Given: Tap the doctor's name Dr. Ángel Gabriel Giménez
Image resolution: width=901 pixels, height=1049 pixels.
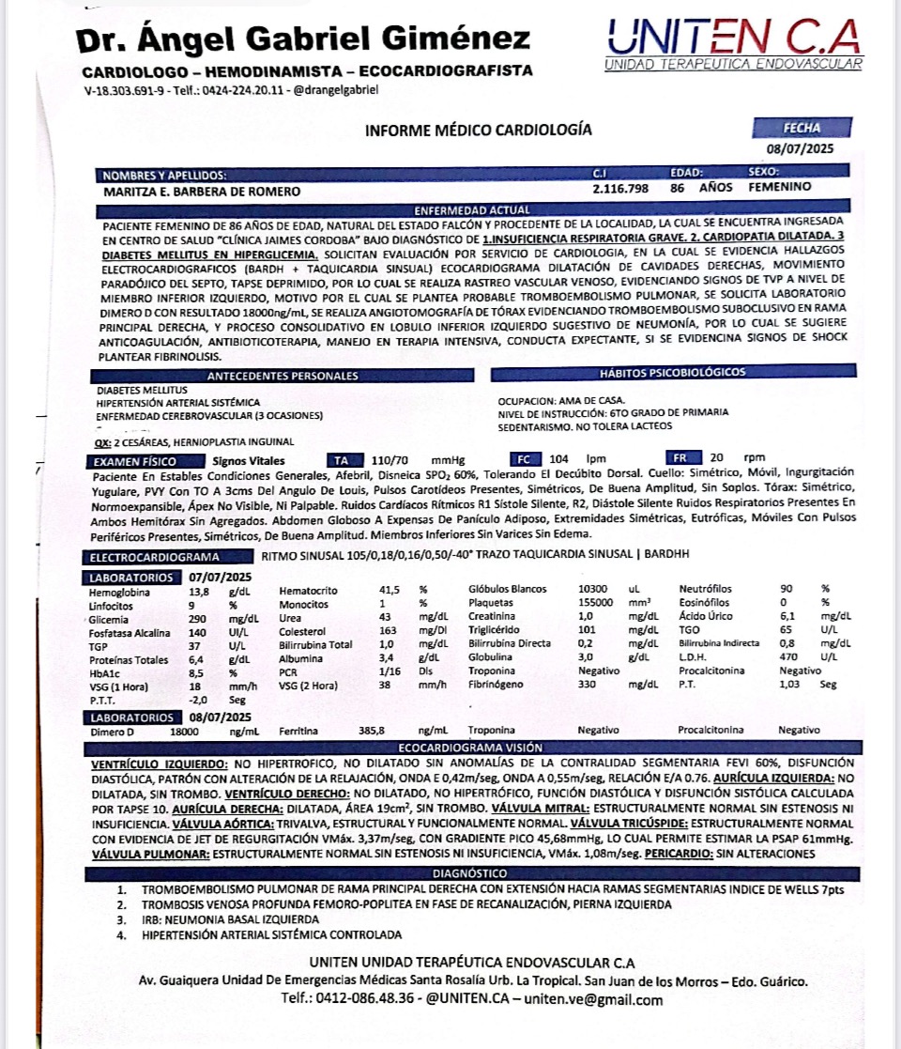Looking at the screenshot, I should pos(303,39).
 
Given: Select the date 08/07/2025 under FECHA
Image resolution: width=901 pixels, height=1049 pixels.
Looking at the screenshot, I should pos(800,147).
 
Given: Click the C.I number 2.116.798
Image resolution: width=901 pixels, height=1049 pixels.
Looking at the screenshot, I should pos(620,190).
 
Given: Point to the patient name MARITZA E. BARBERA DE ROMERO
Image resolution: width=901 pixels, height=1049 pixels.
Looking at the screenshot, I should pos(201,191).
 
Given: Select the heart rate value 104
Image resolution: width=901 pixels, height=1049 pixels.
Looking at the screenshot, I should pos(559,460).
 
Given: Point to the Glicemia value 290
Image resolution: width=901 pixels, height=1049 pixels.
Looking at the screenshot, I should pos(198,619).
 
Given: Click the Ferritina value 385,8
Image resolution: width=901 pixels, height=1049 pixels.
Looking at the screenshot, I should pos(373,730).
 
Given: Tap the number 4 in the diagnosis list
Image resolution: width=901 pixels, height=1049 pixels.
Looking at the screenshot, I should pos(120,934).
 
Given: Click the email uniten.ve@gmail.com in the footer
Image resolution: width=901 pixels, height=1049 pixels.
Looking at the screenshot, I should pos(594,999).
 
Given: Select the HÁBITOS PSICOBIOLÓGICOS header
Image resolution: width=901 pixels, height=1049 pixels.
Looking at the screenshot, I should pos(672,373).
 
